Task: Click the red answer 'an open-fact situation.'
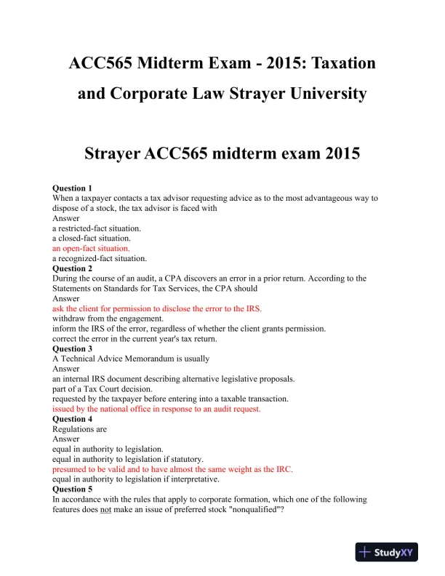tap(91, 248)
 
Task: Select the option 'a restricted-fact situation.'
tap(96, 228)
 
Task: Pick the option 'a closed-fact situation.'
tap(92, 238)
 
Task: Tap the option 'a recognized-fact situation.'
tap(100, 258)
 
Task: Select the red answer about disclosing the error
tap(156, 308)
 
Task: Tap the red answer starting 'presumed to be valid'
tap(172, 469)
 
